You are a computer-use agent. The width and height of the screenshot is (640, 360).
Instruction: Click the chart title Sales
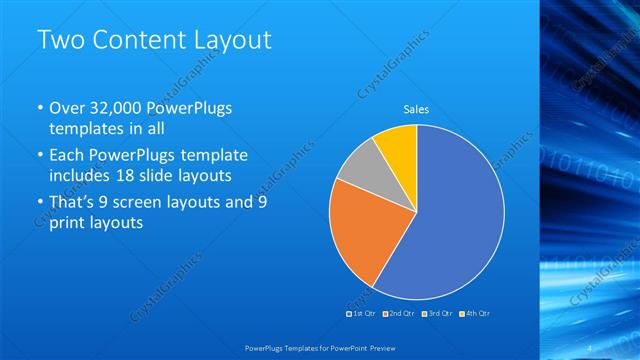click(416, 110)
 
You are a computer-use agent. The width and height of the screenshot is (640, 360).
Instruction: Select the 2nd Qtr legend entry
click(400, 313)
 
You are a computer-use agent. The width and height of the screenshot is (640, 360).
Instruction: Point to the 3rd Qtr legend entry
click(437, 313)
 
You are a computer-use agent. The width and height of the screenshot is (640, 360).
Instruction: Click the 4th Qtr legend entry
click(474, 313)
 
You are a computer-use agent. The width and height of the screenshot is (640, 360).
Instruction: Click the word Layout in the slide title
click(230, 40)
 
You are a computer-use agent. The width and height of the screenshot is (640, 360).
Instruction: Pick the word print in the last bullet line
click(67, 223)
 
